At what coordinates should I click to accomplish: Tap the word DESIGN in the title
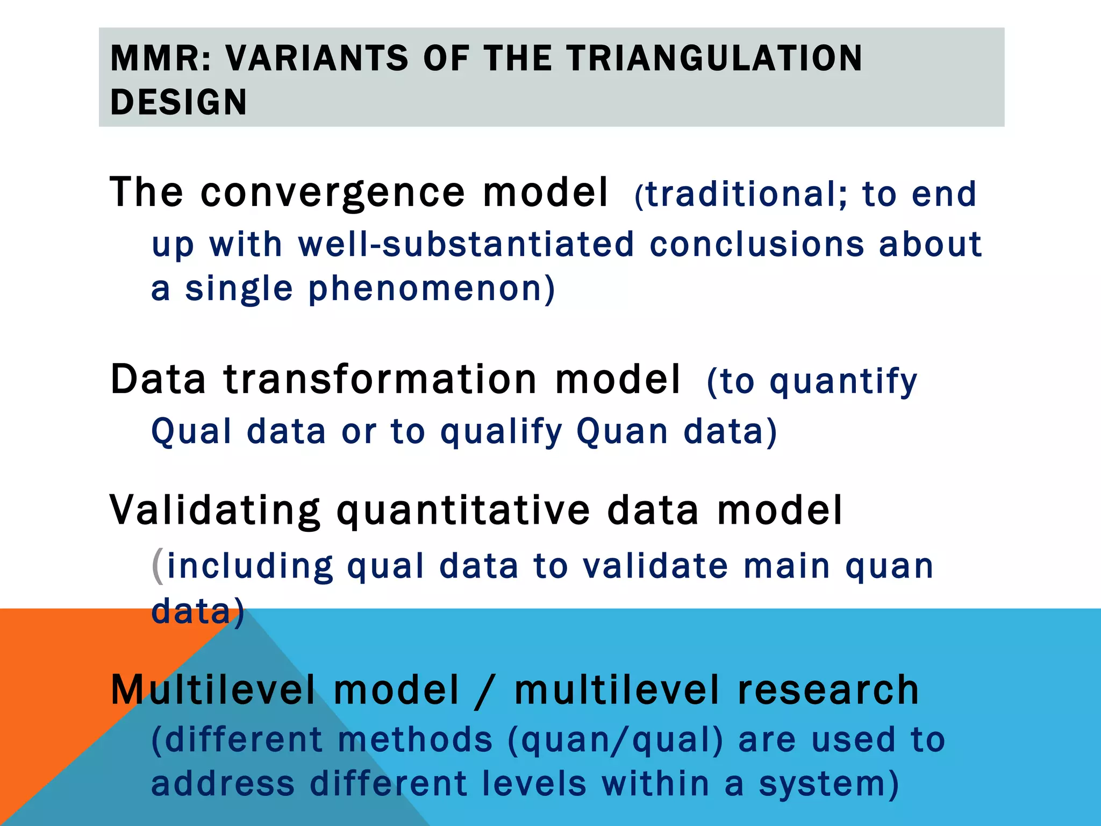[x=178, y=102]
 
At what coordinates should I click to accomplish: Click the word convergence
[x=333, y=193]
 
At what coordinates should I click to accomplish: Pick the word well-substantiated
[x=466, y=244]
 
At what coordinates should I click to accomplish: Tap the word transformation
[x=380, y=380]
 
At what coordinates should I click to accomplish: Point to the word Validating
[x=215, y=510]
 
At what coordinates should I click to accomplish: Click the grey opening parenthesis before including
[x=158, y=566]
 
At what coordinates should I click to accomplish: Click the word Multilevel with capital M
[x=213, y=690]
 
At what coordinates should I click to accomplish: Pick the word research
[x=828, y=690]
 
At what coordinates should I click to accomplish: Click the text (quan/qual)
[x=616, y=740]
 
